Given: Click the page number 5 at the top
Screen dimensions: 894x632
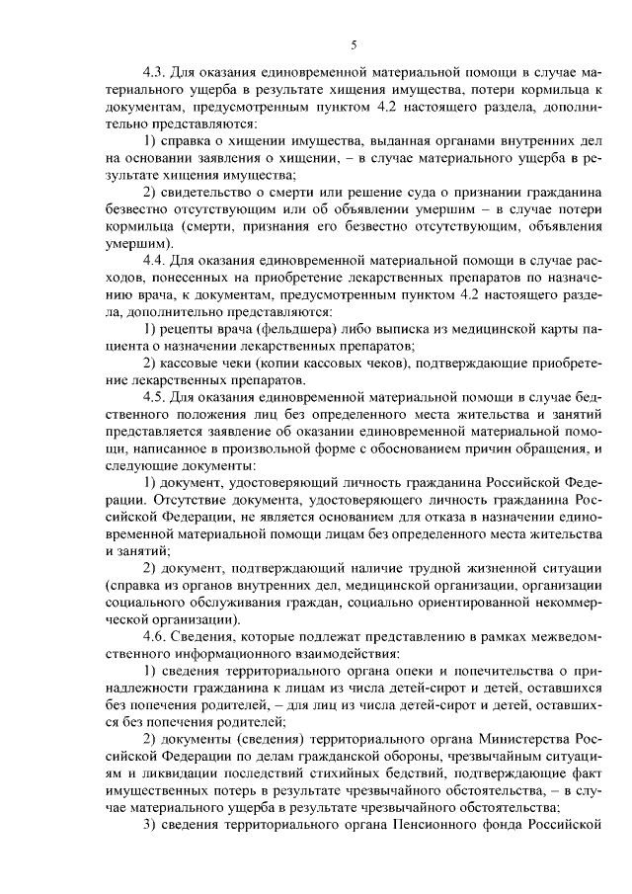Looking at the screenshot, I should coord(354,44).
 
